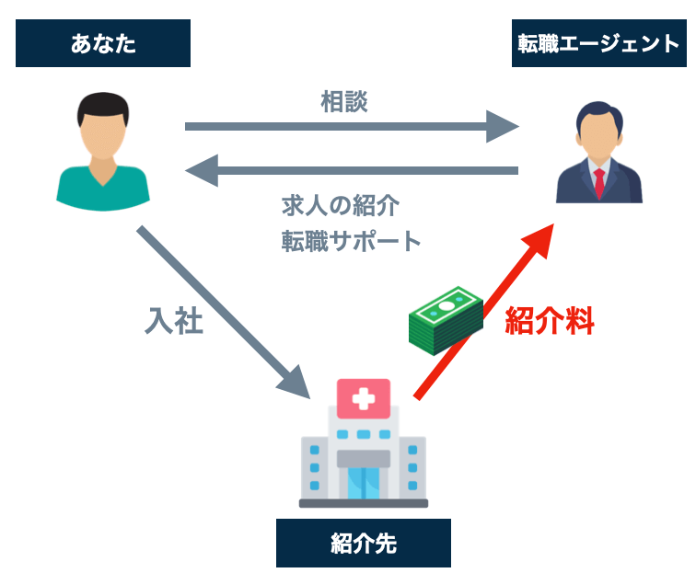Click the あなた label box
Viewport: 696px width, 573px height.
point(103,43)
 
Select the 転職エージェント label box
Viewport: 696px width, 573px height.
point(597,43)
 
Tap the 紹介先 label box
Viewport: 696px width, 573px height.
point(363,543)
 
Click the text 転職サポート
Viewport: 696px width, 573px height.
point(351,241)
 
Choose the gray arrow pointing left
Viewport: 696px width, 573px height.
point(350,170)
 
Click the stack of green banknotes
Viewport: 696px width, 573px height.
point(446,316)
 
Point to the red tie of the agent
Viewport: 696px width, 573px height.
point(599,183)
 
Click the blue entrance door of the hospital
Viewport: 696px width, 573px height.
point(363,481)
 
